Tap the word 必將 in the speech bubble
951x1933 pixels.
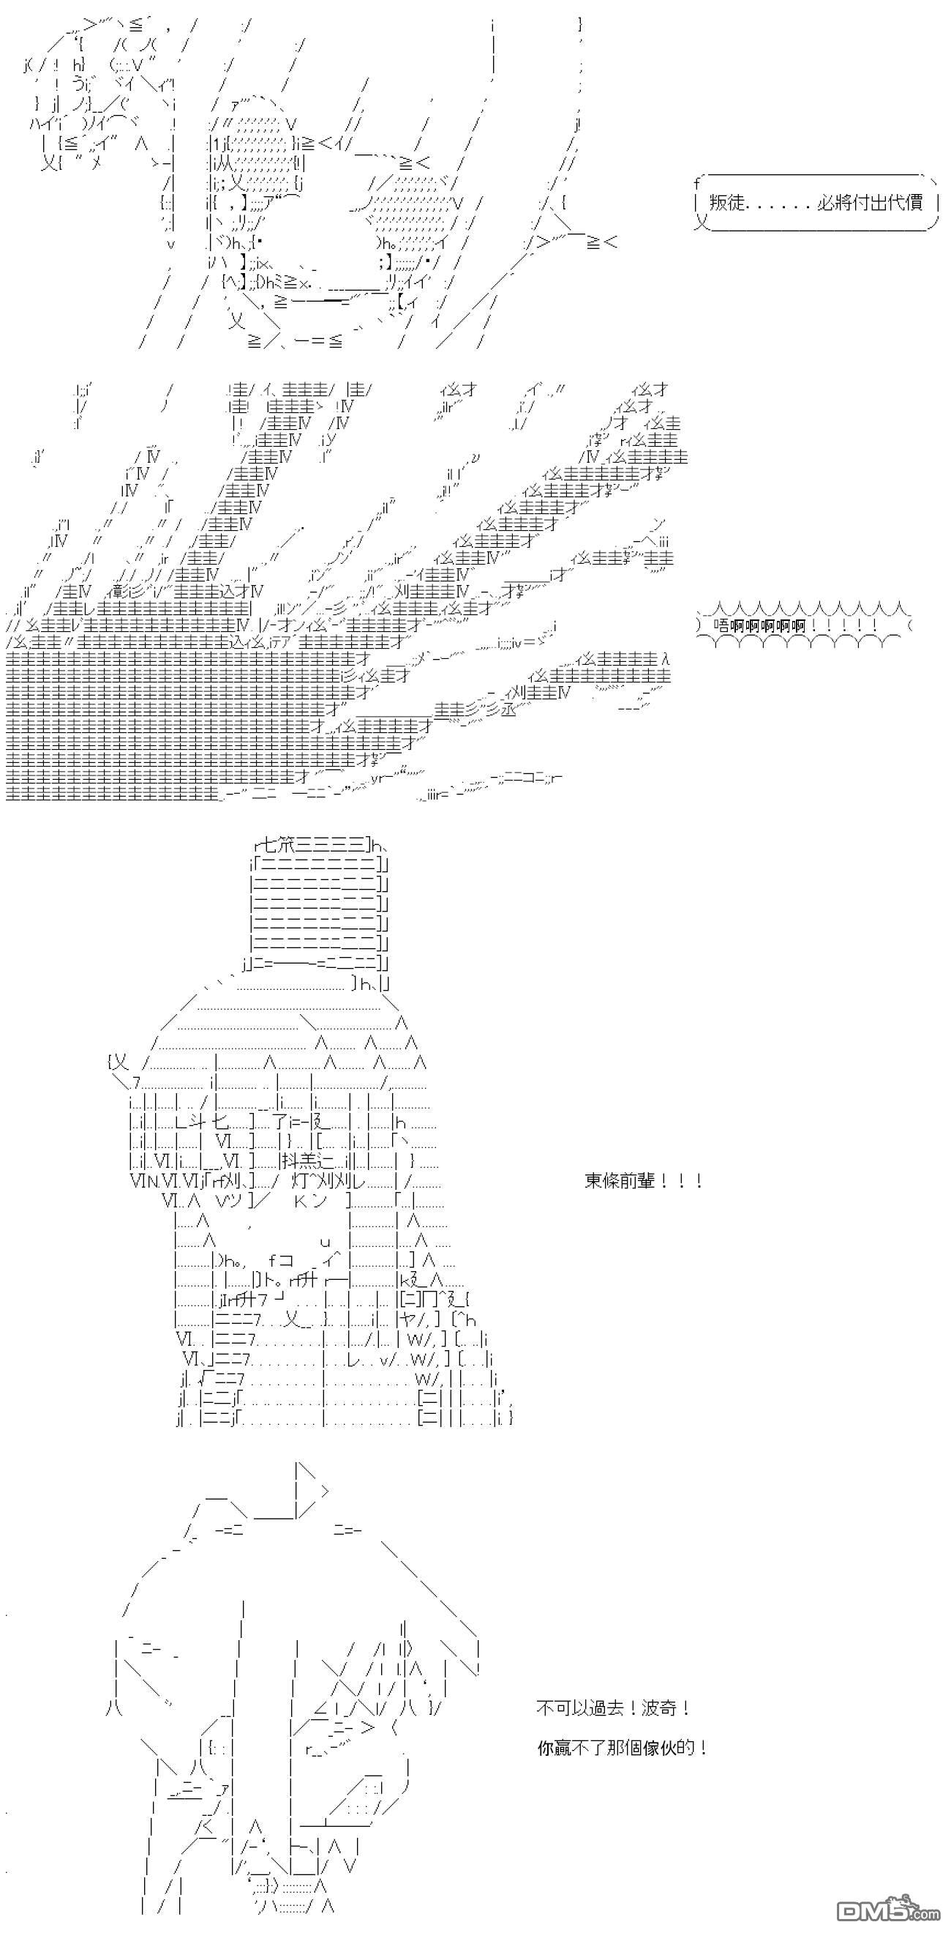pos(833,203)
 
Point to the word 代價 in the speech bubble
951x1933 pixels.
pos(905,203)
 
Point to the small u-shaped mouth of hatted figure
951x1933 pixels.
pos(325,1243)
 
